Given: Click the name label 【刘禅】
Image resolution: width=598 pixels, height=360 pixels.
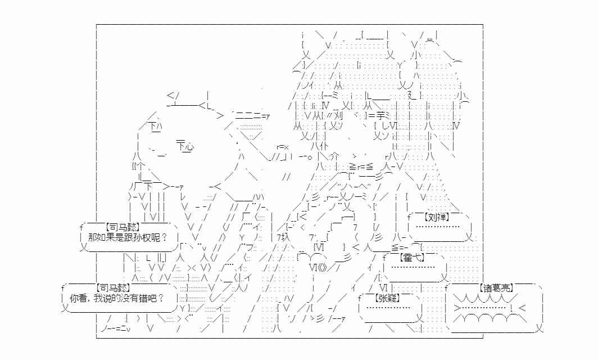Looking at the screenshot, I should tap(437, 217).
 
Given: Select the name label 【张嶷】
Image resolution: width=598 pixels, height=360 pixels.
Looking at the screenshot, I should tap(387, 298).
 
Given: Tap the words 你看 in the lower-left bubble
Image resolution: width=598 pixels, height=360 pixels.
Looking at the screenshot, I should tap(78, 298).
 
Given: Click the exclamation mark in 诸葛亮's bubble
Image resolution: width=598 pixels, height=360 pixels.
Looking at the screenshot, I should tap(513, 308).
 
